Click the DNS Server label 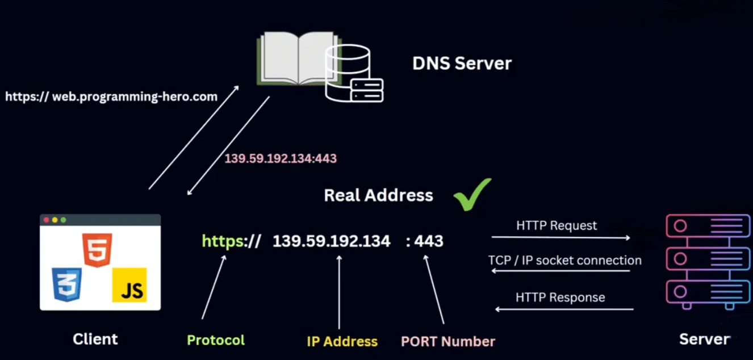(462, 63)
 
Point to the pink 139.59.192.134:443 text (281, 158)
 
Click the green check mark (472, 194)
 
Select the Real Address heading (378, 195)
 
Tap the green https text (223, 241)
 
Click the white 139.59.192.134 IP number (332, 241)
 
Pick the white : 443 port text (425, 241)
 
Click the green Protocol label (216, 340)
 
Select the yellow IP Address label (342, 341)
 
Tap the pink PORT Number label (448, 341)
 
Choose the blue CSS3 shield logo (66, 284)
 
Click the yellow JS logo (129, 284)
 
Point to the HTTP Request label (557, 225)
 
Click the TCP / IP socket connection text (564, 260)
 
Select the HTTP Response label (560, 297)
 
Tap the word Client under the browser (95, 339)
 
